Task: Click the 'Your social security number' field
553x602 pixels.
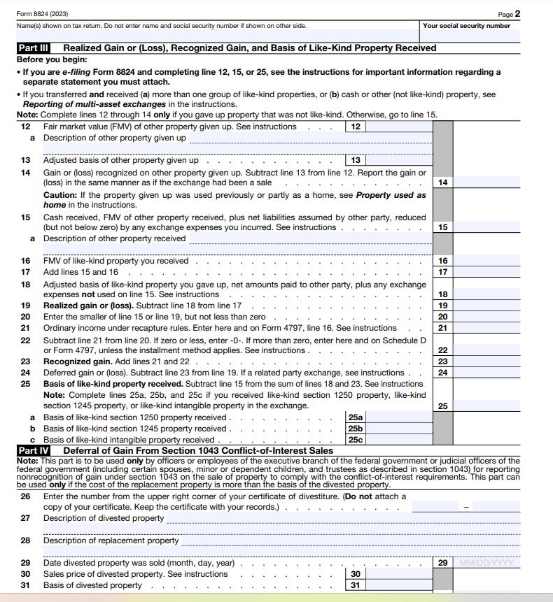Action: point(466,34)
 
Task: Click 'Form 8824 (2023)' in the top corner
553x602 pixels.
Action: point(38,14)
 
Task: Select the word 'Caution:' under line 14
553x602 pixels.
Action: point(61,195)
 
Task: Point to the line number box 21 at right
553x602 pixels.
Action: point(442,328)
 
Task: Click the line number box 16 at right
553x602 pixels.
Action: point(442,261)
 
